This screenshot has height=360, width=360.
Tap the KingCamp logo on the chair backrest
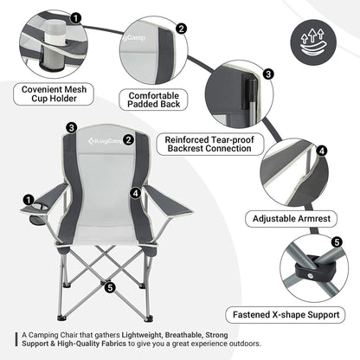(x=101, y=136)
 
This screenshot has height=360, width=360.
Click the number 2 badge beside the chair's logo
(x=128, y=138)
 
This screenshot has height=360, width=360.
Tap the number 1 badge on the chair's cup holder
(x=30, y=200)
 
